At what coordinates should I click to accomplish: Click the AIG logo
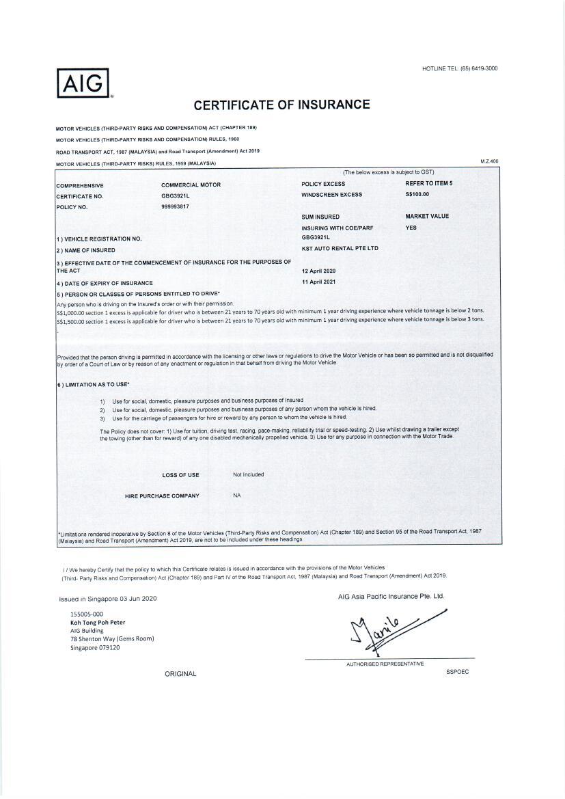click(x=84, y=84)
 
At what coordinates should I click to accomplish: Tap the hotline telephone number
click(x=479, y=68)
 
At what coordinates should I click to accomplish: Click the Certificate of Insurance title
click(x=281, y=105)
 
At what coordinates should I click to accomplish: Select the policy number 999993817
click(x=175, y=206)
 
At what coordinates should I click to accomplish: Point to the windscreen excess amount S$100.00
click(x=417, y=195)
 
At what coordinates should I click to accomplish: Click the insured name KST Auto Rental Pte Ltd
click(x=340, y=249)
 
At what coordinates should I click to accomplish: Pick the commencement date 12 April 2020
click(x=319, y=271)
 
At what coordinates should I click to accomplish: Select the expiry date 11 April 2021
click(x=319, y=282)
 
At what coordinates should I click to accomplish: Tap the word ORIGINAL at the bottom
click(x=180, y=674)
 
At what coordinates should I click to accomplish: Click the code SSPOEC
click(x=457, y=671)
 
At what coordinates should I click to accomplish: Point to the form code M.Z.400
click(x=489, y=161)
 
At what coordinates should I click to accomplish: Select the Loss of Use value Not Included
click(x=248, y=474)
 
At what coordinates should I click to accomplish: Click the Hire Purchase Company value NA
click(x=236, y=496)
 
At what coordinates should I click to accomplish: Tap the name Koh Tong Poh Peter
click(x=98, y=623)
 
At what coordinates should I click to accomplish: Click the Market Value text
click(x=427, y=217)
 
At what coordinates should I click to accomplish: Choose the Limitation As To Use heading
click(x=95, y=385)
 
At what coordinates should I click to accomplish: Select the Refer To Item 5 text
click(x=428, y=184)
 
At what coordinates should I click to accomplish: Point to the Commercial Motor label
click(x=191, y=185)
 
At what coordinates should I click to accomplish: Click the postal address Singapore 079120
click(x=95, y=647)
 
